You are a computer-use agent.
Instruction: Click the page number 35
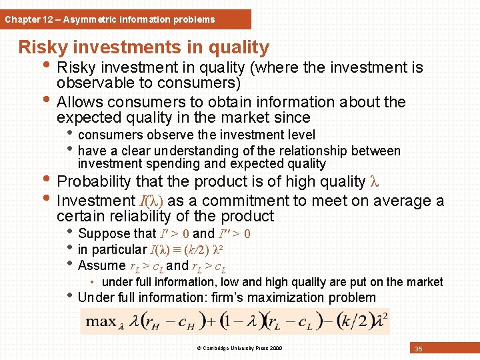(x=418, y=349)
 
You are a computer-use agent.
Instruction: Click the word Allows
(x=80, y=102)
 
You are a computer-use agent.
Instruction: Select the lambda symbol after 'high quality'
(x=373, y=181)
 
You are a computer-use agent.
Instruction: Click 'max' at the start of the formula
(x=100, y=321)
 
